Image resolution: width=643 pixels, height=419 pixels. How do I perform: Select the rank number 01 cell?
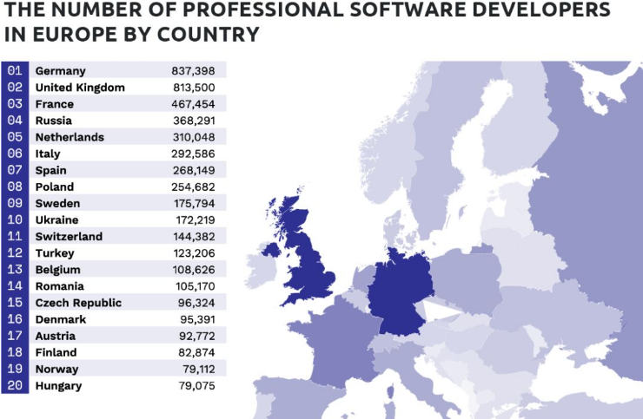pos(15,70)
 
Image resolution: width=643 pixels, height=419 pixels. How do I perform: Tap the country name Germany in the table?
pos(60,70)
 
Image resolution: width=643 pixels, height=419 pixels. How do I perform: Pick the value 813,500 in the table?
pos(193,87)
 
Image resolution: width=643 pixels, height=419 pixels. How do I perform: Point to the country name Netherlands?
pos(70,137)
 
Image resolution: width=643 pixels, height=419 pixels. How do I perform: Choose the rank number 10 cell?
pos(15,219)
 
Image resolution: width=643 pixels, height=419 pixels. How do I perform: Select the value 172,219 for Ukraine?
pos(193,219)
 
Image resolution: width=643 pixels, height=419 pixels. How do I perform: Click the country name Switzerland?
pos(69,236)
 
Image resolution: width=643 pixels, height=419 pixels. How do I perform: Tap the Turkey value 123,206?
pos(193,253)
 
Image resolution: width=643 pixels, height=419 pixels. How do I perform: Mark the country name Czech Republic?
pos(78,303)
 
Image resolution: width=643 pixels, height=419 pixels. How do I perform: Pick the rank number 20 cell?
pos(15,385)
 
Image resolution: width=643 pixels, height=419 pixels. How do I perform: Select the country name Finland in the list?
pos(56,352)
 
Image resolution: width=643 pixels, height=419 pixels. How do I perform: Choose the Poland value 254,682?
pos(193,187)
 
